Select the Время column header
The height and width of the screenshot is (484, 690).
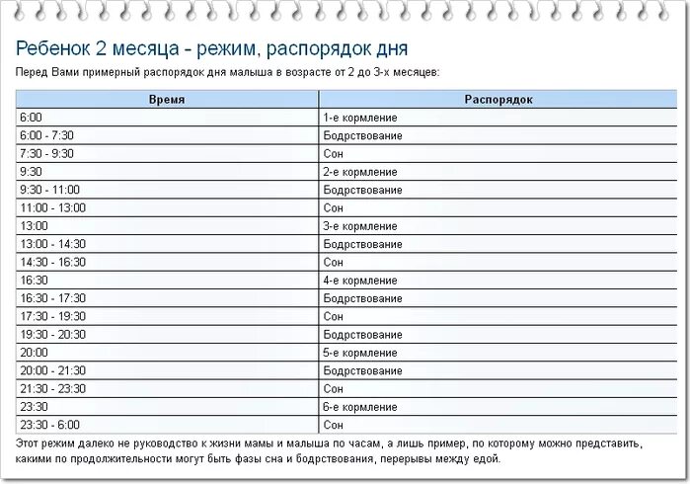point(167,100)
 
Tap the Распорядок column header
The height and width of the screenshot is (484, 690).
point(498,100)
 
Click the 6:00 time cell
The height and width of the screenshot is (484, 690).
point(31,118)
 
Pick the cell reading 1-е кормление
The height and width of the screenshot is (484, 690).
point(360,118)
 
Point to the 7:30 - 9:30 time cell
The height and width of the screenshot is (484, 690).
point(46,153)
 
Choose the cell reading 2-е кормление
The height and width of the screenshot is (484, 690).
point(360,171)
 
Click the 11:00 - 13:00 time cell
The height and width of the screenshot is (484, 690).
point(52,207)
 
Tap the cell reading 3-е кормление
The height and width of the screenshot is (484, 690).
point(360,225)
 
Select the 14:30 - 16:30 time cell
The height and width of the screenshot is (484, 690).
point(52,262)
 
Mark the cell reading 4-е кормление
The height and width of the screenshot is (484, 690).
point(360,281)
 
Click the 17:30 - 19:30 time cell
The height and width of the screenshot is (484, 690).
point(52,316)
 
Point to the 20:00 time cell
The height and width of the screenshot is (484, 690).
point(34,352)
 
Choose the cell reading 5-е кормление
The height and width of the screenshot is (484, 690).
point(360,352)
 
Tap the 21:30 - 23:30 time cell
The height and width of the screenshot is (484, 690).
point(52,388)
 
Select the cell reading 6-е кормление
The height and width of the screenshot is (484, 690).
point(360,406)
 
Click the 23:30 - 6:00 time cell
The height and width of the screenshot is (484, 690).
point(49,424)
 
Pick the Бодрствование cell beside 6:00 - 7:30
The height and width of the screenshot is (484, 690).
point(362,135)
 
